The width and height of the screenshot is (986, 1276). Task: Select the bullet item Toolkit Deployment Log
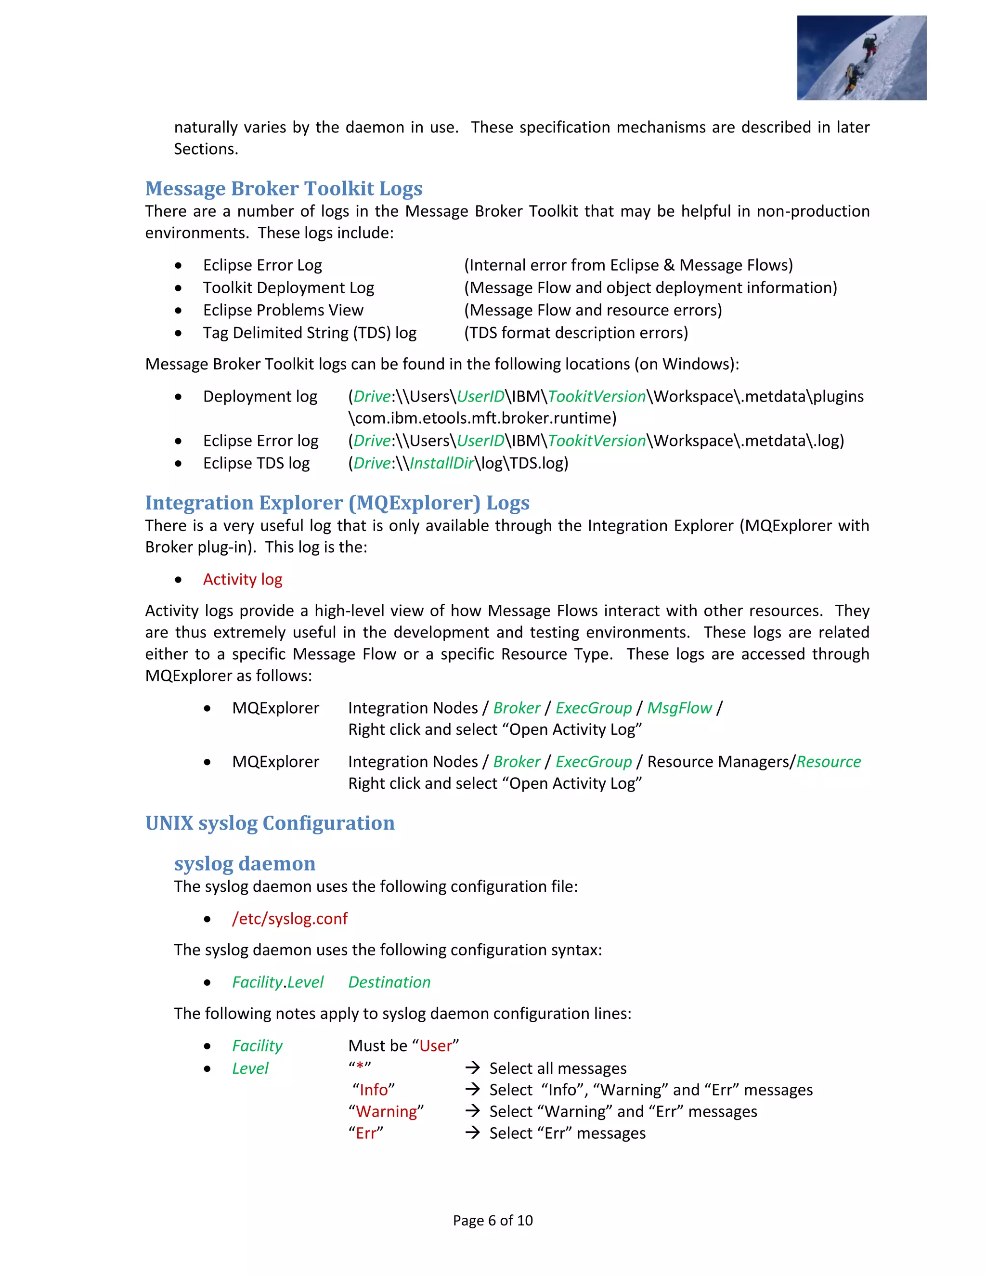pyautogui.click(x=288, y=287)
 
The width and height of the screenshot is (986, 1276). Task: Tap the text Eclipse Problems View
pyautogui.click(x=283, y=310)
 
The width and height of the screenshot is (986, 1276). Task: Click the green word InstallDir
pyautogui.click(x=441, y=463)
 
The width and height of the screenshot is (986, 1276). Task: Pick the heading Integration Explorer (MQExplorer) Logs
pyautogui.click(x=337, y=503)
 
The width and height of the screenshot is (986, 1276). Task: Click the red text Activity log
pyautogui.click(x=243, y=580)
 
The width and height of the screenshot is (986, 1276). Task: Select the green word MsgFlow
pyautogui.click(x=679, y=708)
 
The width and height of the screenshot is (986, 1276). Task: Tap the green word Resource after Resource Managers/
pyautogui.click(x=828, y=762)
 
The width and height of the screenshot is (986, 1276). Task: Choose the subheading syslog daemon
pyautogui.click(x=244, y=863)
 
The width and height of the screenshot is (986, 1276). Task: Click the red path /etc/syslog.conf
pyautogui.click(x=290, y=919)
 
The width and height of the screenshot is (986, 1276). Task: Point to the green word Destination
pyautogui.click(x=389, y=983)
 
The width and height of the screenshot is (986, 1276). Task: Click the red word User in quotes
pyautogui.click(x=435, y=1046)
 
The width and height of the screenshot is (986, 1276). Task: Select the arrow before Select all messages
pyautogui.click(x=473, y=1068)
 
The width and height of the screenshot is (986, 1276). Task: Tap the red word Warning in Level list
pyautogui.click(x=386, y=1112)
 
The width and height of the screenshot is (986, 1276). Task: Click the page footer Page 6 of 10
pyautogui.click(x=493, y=1221)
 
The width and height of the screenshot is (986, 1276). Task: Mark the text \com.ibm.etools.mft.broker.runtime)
pyautogui.click(x=482, y=418)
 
